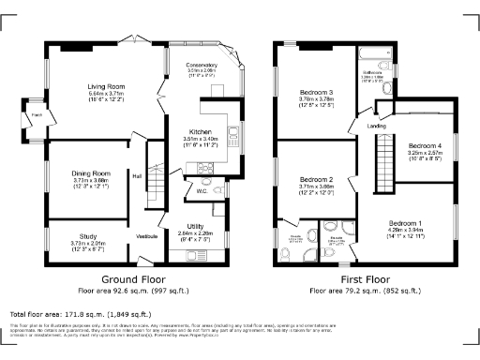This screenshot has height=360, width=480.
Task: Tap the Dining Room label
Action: [x=91, y=173]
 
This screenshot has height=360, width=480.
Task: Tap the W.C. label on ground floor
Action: [x=201, y=191]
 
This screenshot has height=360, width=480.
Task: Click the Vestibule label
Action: [x=147, y=235]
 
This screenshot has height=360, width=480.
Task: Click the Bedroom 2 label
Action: [x=316, y=179]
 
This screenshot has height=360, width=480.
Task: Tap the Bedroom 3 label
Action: [x=316, y=91]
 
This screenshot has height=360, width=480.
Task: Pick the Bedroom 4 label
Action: [x=425, y=145]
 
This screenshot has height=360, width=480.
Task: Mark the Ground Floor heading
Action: [x=127, y=279]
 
